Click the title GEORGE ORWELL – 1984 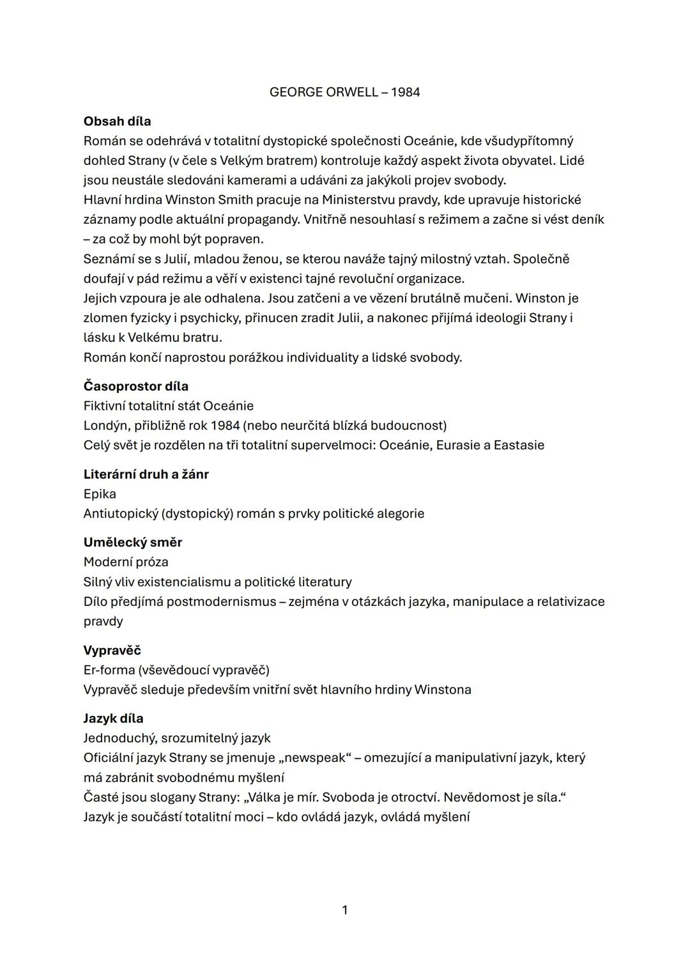click(x=344, y=92)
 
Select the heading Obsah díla click(x=117, y=121)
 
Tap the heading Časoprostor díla click(x=135, y=386)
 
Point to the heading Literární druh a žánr click(x=146, y=474)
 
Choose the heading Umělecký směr click(x=132, y=543)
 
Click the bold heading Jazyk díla click(x=113, y=718)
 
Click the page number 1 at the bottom click(x=345, y=910)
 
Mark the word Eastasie click(x=519, y=445)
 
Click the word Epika click(x=100, y=494)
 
